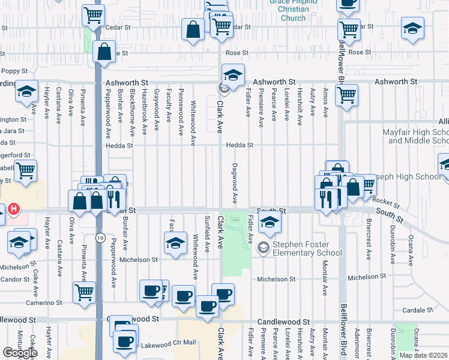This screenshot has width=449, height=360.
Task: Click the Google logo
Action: click(x=19, y=353)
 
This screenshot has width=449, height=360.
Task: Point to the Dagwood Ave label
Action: click(x=235, y=183)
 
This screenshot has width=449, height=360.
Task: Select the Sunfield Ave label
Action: click(x=207, y=233)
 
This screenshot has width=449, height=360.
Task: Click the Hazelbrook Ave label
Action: click(x=144, y=112)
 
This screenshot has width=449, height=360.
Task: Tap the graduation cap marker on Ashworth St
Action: click(x=233, y=76)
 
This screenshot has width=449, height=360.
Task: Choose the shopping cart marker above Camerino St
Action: click(x=84, y=292)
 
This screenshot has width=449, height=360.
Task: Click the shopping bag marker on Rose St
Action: click(x=104, y=52)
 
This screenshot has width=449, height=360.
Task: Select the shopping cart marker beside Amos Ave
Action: click(x=346, y=94)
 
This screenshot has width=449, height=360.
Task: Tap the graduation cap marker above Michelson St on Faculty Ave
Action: click(x=175, y=243)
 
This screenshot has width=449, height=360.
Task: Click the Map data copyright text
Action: click(x=423, y=355)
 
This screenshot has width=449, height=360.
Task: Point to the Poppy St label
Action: click(x=15, y=71)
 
